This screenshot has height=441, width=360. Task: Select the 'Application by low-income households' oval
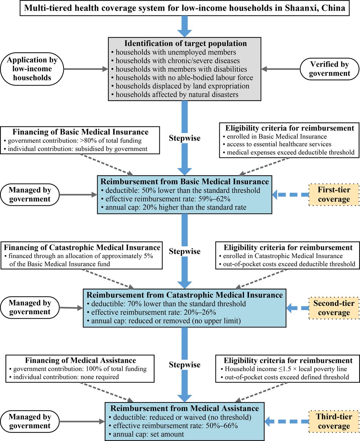[32, 69]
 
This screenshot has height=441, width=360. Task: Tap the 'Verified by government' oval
[329, 69]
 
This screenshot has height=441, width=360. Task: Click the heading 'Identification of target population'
[186, 44]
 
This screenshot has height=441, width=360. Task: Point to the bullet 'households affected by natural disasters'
[177, 94]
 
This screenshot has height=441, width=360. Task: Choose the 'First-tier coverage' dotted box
[334, 195]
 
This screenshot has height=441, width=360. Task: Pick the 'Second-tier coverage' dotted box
[334, 308]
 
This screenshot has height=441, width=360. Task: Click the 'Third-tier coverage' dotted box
[334, 421]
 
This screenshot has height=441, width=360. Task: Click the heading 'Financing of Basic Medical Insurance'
[80, 132]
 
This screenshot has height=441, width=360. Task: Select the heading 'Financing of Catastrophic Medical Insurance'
[82, 248]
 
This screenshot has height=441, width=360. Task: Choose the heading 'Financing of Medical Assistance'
[80, 361]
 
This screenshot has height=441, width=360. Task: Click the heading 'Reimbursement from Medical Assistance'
[184, 409]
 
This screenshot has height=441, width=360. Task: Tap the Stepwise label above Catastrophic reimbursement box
[184, 252]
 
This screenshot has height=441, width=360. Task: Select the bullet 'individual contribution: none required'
[66, 377]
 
